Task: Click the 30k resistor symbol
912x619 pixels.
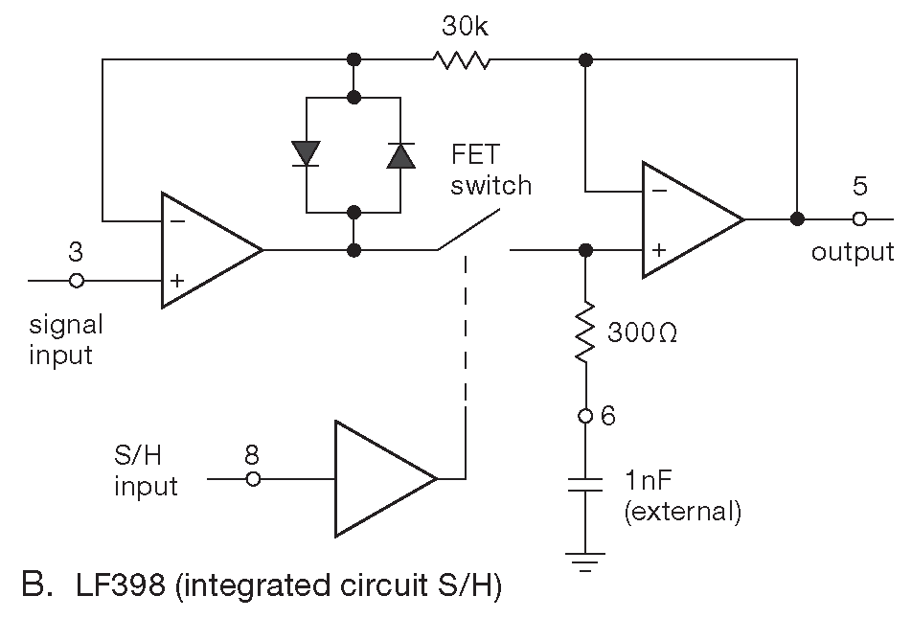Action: point(462,60)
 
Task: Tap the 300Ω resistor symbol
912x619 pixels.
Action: point(584,333)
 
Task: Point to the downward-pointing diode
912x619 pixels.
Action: point(306,153)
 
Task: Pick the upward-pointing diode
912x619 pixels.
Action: point(401,154)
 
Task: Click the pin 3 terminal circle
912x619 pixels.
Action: point(78,281)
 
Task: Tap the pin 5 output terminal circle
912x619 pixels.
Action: point(859,219)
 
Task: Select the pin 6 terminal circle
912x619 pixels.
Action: point(584,417)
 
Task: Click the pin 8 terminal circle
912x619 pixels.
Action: point(253,477)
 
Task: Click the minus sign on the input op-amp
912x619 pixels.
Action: point(179,219)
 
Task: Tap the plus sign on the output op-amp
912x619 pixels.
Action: point(659,250)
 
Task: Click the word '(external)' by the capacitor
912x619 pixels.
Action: point(682,511)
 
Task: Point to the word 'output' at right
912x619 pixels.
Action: point(852,252)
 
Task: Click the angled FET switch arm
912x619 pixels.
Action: point(470,231)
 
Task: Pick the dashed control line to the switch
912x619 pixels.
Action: point(466,364)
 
